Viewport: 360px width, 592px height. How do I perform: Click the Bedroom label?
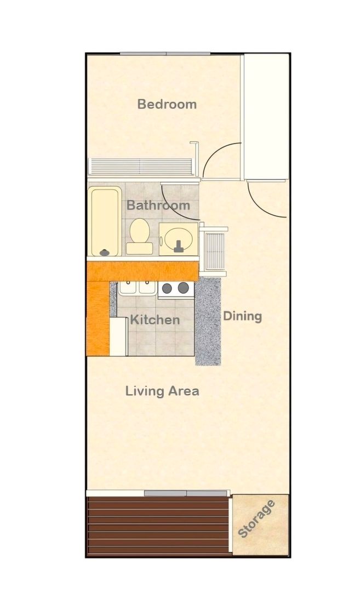pos(167,104)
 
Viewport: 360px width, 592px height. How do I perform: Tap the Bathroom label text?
pos(158,205)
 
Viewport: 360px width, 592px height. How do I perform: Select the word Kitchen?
pos(155,320)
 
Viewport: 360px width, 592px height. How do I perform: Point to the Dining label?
pos(242,316)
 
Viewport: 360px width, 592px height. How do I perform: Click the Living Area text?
pos(162,391)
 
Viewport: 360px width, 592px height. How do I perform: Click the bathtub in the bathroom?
pos(105,222)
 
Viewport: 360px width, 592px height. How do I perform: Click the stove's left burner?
pos(167,288)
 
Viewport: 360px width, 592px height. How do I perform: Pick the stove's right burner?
pos(184,288)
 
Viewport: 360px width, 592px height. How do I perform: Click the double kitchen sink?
pos(137,288)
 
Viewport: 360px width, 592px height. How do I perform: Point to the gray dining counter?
pos(208,321)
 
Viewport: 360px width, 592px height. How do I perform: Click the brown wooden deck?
pos(158,526)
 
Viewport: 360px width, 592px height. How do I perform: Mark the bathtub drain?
pos(104,253)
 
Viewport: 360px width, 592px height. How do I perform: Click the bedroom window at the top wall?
pos(165,54)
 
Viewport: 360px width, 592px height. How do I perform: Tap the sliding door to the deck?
pos(186,493)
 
